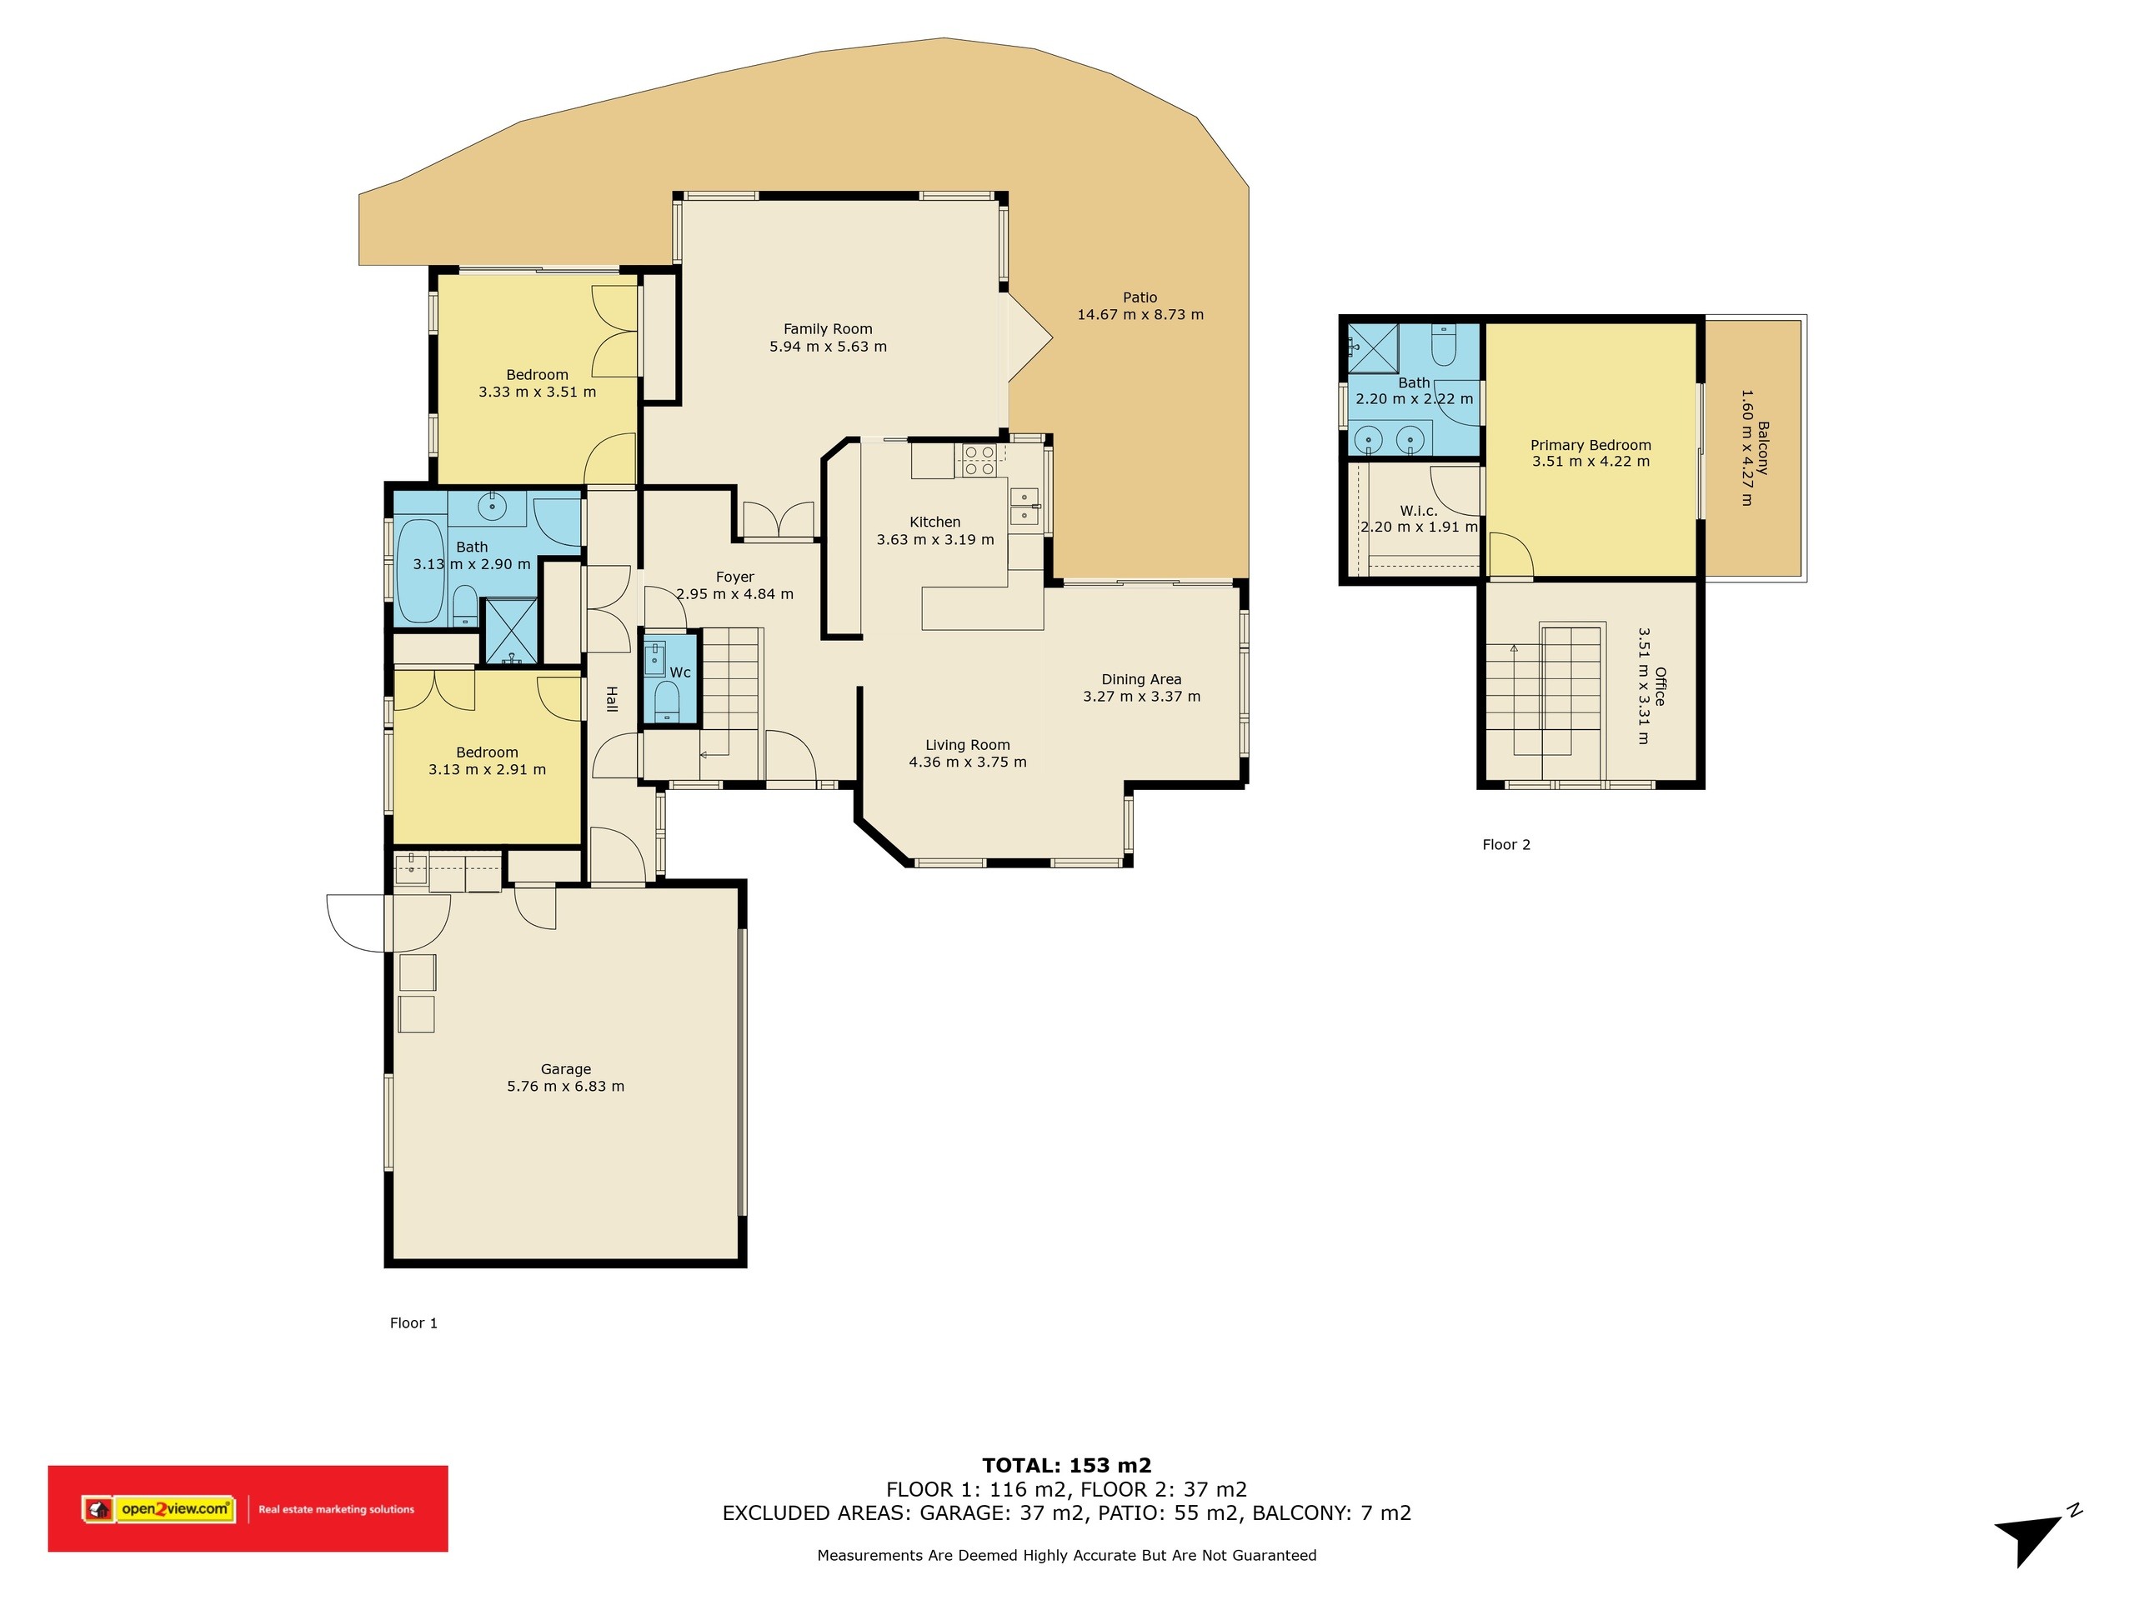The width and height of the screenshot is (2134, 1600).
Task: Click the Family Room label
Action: coord(828,329)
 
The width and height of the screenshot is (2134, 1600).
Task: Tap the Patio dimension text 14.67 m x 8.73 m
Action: coord(1140,314)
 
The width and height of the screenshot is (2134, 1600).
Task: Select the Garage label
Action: coord(565,1068)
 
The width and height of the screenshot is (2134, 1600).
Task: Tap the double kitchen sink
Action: coord(1024,507)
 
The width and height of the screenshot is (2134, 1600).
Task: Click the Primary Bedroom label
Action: coord(1590,445)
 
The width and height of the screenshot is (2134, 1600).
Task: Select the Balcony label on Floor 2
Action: coord(1762,447)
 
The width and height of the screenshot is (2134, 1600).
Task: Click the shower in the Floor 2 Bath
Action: coord(1373,348)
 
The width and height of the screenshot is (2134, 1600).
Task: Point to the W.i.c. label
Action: coord(1418,510)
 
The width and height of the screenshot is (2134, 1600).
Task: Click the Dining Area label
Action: coord(1141,679)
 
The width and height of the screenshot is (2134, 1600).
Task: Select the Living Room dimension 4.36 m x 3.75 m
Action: coord(968,762)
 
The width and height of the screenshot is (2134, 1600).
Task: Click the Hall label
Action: coord(612,699)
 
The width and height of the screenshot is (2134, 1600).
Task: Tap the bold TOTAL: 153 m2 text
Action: coord(1067,1466)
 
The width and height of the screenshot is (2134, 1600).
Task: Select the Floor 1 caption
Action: coord(413,1322)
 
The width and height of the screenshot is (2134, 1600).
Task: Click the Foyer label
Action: coord(735,577)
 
